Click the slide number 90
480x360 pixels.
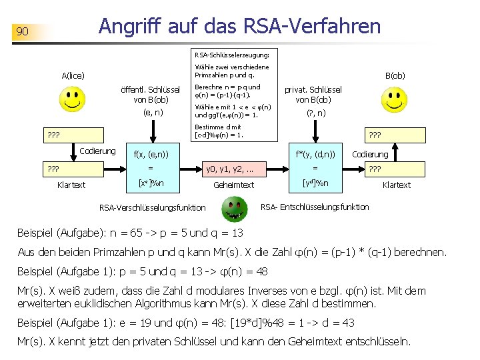pyautogui.click(x=22, y=31)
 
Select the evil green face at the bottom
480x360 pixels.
pyautogui.click(x=233, y=213)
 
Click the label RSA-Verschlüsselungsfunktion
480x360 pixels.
pyautogui.click(x=152, y=207)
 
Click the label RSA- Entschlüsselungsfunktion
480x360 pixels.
pyautogui.click(x=315, y=207)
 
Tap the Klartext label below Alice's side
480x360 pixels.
pyautogui.click(x=71, y=185)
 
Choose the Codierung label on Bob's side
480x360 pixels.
pyautogui.click(x=370, y=155)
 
